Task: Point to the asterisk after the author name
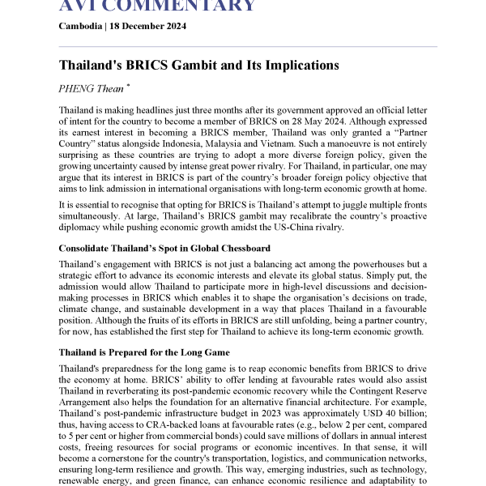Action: [126, 85]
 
